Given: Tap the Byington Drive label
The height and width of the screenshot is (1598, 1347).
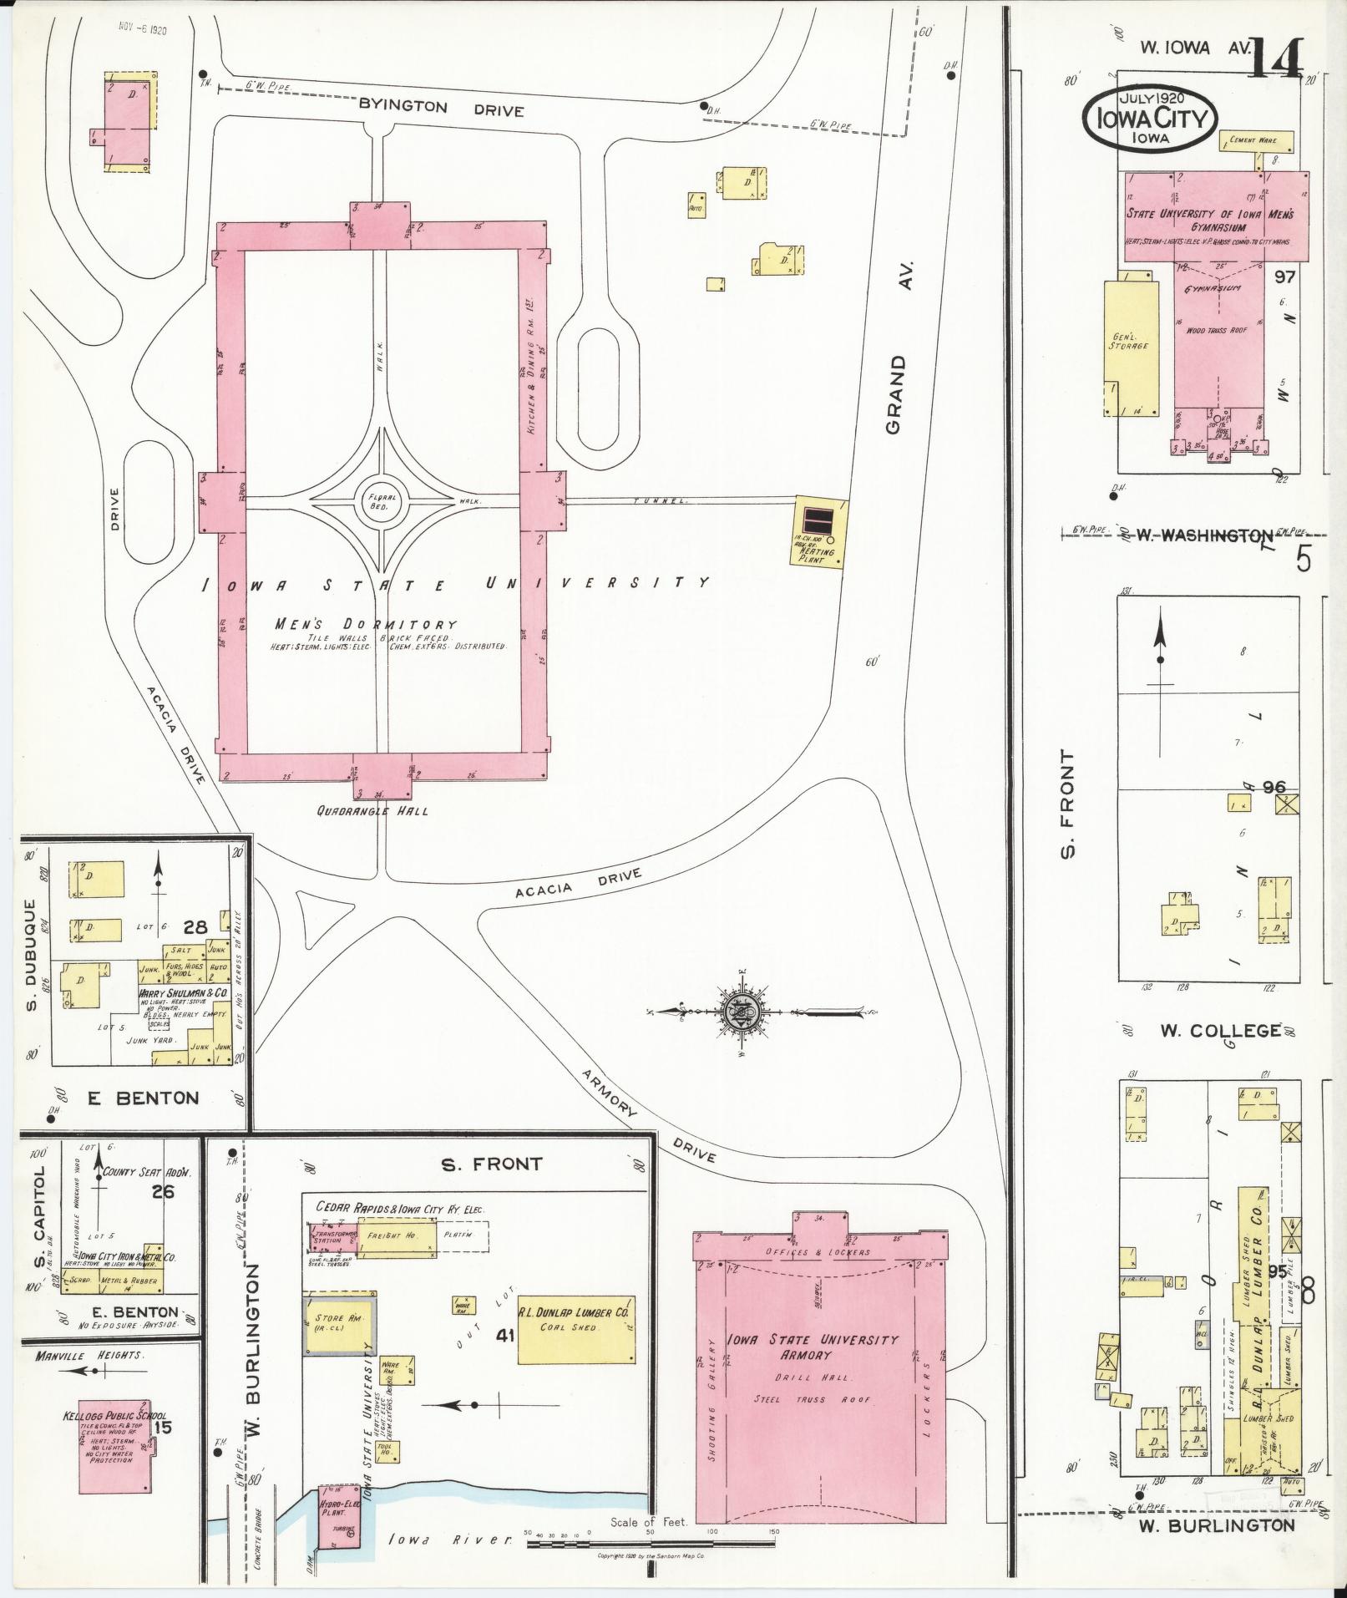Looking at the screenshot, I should (x=441, y=109).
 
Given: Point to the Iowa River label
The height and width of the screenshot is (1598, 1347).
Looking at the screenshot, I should (x=449, y=1540).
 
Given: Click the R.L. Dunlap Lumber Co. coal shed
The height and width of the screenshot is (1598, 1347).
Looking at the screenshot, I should (x=576, y=1331).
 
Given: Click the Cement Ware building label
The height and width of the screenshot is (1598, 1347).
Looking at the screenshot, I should (x=1256, y=140).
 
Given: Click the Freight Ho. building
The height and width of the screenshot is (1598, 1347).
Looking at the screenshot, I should (x=397, y=1235).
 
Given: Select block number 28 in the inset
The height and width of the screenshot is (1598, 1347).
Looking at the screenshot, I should (x=195, y=926).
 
